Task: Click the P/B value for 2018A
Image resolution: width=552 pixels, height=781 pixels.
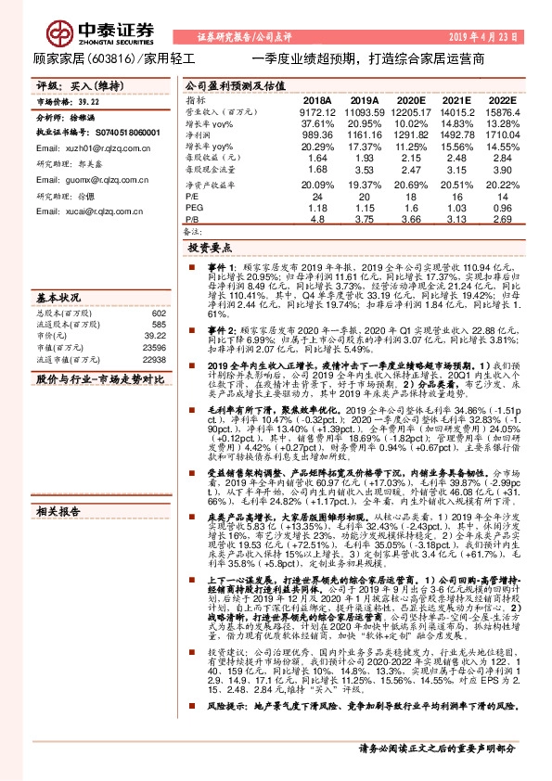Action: pos(317,220)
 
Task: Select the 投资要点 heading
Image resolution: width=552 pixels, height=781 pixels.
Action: pos(211,249)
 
